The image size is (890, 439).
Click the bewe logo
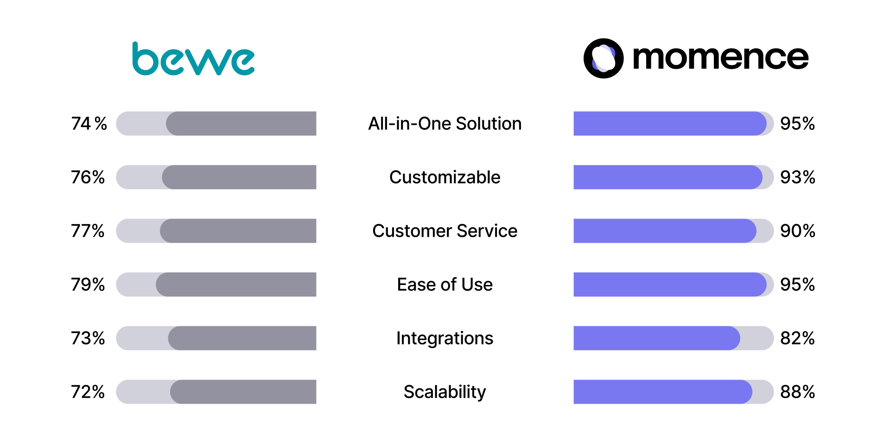tap(193, 59)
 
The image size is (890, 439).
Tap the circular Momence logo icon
tap(603, 58)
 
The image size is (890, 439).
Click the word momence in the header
tap(720, 58)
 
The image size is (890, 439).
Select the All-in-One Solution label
tap(445, 123)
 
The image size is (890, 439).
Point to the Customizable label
tap(445, 177)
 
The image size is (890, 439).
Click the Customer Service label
tap(445, 231)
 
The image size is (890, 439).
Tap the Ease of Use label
tap(445, 284)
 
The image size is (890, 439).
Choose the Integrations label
tap(445, 339)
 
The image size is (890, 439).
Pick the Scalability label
tap(445, 392)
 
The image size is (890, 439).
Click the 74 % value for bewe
tap(89, 123)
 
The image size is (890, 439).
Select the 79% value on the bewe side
tap(88, 284)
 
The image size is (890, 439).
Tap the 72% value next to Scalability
tap(88, 392)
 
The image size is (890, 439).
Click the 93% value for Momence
tap(798, 177)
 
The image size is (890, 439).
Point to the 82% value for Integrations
tap(798, 338)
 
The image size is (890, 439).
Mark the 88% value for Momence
tap(798, 392)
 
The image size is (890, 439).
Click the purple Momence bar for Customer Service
tap(665, 231)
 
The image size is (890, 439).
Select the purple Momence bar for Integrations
tap(657, 338)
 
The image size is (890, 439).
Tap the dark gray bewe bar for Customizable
tap(239, 177)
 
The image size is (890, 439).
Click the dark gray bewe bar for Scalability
tap(243, 392)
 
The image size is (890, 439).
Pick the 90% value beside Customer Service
tap(798, 231)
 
